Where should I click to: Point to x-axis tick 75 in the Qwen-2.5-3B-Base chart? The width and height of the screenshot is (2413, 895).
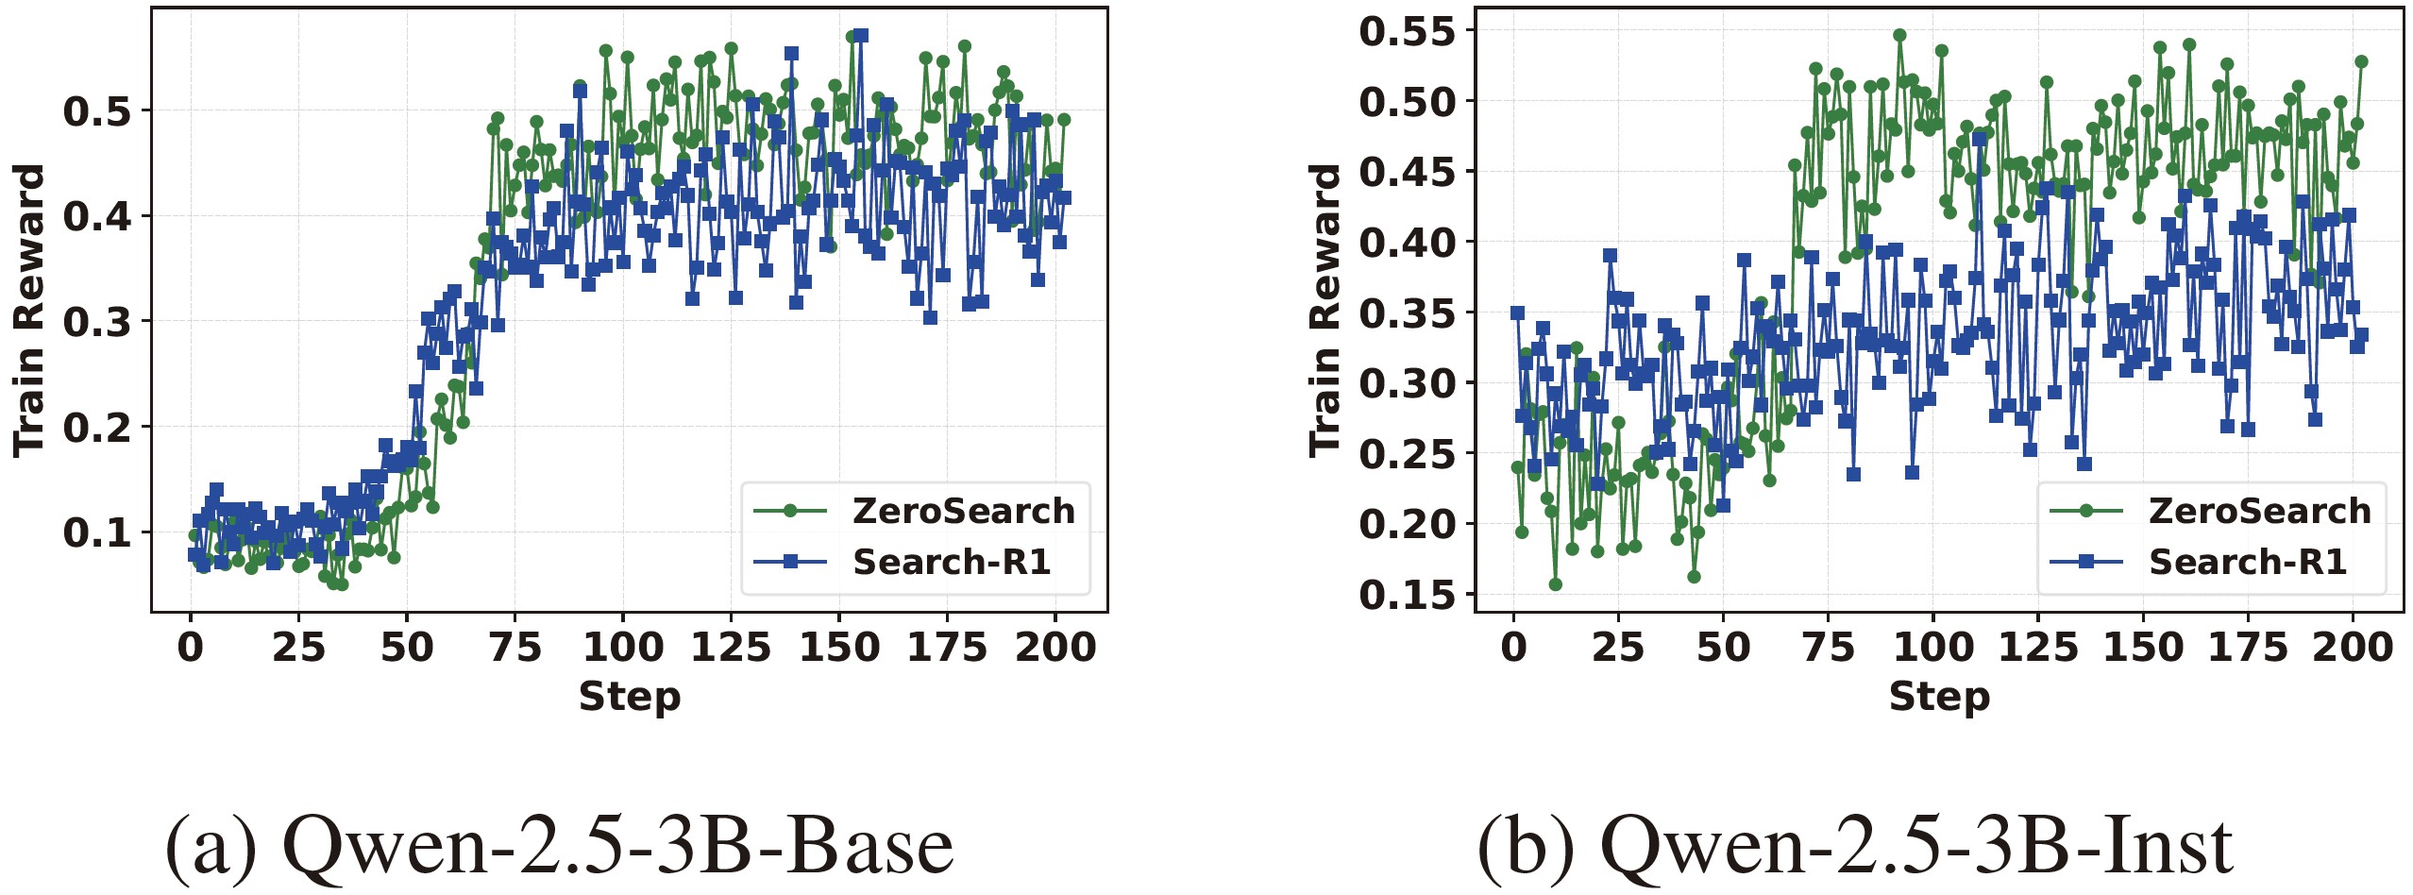tap(515, 648)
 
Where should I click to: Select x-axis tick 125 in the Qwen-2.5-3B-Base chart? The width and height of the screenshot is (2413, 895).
tap(732, 648)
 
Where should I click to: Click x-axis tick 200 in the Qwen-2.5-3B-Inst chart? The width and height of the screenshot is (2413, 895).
tap(2353, 648)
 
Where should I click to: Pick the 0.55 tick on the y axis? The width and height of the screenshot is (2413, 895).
tap(1408, 31)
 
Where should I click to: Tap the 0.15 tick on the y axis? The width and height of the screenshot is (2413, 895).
tap(1408, 595)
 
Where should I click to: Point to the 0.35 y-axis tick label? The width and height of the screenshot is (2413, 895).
tap(1408, 312)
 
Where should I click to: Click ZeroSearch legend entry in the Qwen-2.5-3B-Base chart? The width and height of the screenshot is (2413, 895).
tap(963, 511)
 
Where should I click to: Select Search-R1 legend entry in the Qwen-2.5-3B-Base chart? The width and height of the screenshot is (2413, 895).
tap(952, 562)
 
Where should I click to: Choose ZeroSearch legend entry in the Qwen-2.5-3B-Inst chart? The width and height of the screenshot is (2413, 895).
tap(2259, 511)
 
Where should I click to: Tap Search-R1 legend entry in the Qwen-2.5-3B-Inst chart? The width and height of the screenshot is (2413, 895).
tap(2248, 562)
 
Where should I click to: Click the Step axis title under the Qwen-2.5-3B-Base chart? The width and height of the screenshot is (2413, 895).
tap(630, 697)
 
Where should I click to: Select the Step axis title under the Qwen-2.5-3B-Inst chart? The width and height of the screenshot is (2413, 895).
tap(1939, 697)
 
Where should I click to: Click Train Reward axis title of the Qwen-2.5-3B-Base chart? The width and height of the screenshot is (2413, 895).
tap(29, 311)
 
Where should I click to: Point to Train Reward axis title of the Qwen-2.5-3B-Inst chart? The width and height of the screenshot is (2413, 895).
tap(1325, 311)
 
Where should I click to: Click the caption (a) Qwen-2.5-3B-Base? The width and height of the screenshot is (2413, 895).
tap(559, 846)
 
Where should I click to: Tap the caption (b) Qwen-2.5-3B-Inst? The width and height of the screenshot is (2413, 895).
tap(1855, 846)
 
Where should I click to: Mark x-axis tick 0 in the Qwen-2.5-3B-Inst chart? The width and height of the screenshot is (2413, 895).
tap(1514, 648)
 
